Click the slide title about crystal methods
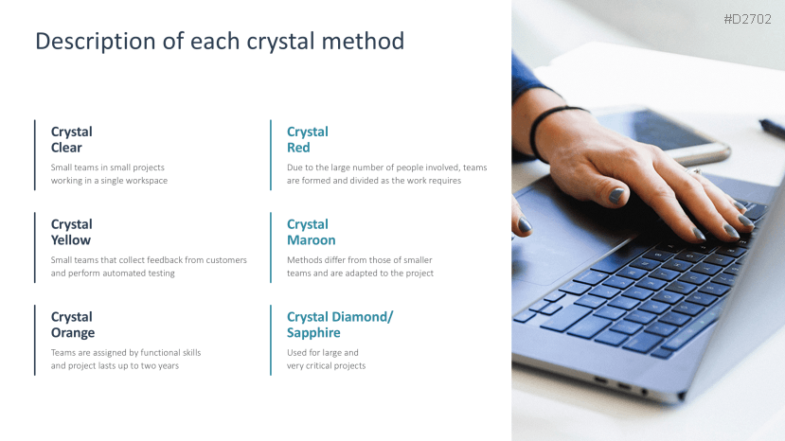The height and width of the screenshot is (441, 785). point(220,41)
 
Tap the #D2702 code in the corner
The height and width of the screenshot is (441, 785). point(747,19)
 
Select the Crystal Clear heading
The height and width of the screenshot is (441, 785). point(72,140)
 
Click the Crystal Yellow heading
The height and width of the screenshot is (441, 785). point(72,232)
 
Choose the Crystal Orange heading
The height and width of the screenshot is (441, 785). point(73,325)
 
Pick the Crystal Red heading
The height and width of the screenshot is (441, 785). point(308,140)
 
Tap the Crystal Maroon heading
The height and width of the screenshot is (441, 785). point(311,232)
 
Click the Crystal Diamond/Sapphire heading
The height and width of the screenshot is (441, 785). point(340,325)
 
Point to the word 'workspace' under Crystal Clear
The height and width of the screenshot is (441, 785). point(147,181)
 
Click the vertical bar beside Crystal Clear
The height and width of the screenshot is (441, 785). point(34,154)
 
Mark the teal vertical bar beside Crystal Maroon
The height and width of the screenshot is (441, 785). point(271,247)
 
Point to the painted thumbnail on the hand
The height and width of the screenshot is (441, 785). point(616,195)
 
